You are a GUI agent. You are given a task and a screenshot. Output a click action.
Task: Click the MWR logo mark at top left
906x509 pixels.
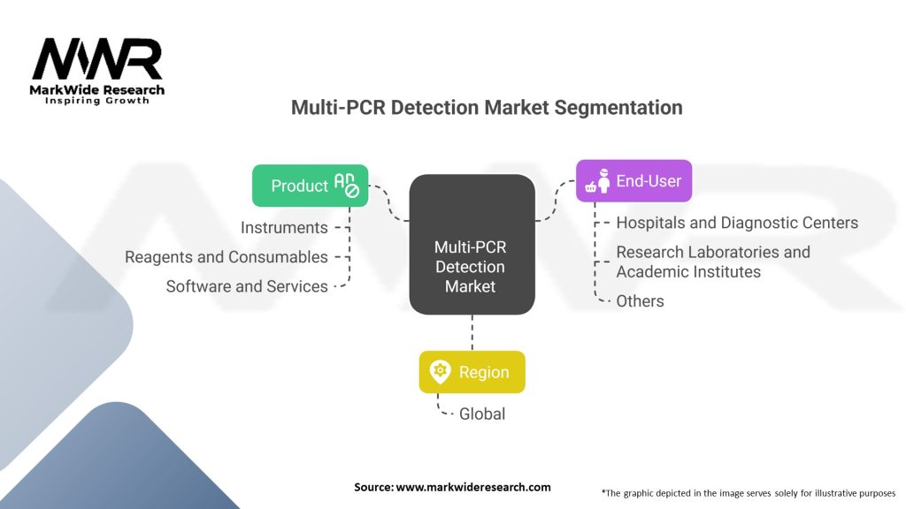(x=97, y=59)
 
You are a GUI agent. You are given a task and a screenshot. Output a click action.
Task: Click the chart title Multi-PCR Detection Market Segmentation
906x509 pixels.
(x=487, y=108)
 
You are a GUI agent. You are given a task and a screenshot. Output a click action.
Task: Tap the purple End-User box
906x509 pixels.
(x=633, y=181)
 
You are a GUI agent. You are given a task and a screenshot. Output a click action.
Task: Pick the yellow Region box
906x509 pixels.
(x=472, y=372)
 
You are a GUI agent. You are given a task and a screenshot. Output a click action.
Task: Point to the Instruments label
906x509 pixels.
(x=284, y=228)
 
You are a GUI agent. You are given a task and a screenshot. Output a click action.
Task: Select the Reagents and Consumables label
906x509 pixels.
(x=226, y=257)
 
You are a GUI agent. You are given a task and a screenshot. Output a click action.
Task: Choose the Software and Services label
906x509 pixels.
(x=247, y=286)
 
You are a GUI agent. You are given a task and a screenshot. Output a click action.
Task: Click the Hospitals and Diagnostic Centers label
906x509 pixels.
(x=737, y=223)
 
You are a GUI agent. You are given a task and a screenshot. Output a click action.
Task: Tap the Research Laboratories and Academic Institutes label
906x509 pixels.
(x=713, y=262)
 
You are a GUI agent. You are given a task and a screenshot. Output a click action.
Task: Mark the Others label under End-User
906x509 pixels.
(x=640, y=301)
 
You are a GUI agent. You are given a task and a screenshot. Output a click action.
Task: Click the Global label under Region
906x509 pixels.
(x=481, y=414)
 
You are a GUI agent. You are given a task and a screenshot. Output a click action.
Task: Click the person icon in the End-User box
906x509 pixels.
(x=603, y=182)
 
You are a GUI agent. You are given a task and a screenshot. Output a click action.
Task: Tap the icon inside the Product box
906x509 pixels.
(x=346, y=184)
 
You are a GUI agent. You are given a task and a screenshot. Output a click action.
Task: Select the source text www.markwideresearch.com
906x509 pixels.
(x=452, y=487)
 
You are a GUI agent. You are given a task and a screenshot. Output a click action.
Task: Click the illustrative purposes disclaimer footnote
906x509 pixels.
(x=748, y=492)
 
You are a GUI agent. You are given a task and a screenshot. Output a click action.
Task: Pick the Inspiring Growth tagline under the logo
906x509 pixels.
(x=97, y=101)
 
